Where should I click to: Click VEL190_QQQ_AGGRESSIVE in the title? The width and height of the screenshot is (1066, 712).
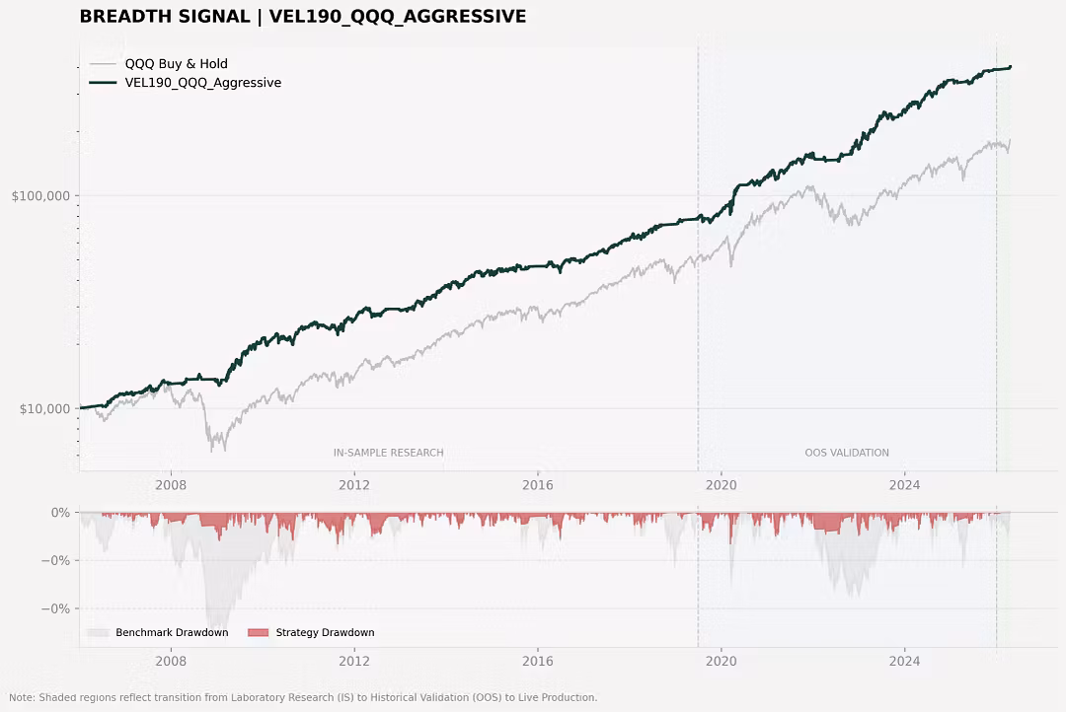tap(398, 17)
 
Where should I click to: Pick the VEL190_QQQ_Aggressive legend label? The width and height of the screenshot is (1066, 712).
tap(202, 83)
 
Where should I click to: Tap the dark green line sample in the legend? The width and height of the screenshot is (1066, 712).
tap(103, 83)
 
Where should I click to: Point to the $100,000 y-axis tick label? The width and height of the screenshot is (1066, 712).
tap(40, 196)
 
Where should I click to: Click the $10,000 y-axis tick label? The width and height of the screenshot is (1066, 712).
tap(44, 409)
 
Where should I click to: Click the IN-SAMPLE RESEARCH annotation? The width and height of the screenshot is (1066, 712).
tap(388, 453)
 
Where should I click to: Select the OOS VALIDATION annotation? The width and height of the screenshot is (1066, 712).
tap(847, 453)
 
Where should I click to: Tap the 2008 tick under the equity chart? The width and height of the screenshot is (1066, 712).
tap(171, 485)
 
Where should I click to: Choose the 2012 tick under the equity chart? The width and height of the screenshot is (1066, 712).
tap(354, 485)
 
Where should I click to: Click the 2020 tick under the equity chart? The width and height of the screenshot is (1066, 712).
tap(722, 485)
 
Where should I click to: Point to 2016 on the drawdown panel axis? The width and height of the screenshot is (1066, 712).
tap(538, 661)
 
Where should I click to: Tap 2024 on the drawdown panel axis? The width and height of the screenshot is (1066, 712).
tap(905, 661)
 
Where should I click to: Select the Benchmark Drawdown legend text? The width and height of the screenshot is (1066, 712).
tap(172, 632)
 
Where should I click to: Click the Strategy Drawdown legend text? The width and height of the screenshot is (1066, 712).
tap(325, 632)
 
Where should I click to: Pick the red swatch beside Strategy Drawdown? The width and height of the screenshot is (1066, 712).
tap(259, 632)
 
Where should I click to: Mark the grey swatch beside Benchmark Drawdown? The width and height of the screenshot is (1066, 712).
tap(98, 632)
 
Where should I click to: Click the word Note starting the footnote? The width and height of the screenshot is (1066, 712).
tap(21, 698)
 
